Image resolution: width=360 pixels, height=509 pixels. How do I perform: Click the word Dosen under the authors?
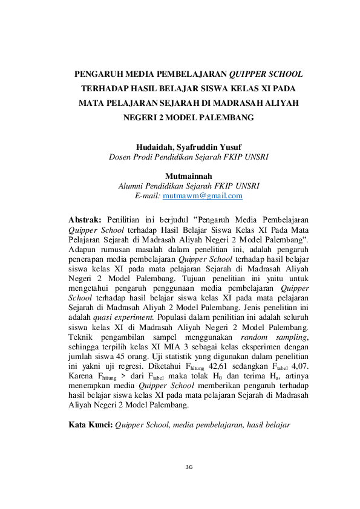click(120, 157)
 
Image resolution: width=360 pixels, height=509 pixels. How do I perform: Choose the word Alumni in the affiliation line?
click(131, 186)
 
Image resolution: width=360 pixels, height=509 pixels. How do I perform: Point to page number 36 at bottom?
click(189, 467)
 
